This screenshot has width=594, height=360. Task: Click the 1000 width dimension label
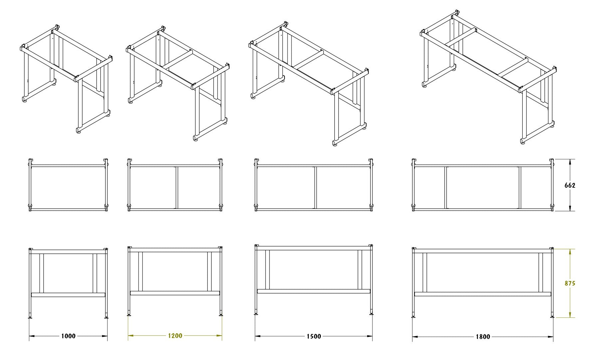coord(68,336)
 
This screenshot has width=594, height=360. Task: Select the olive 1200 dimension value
coord(175,336)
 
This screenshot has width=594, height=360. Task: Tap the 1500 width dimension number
coord(314,336)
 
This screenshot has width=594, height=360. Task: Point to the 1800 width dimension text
coord(483,337)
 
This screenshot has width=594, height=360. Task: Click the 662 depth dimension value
coord(570,185)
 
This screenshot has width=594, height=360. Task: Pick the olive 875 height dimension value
coord(570,283)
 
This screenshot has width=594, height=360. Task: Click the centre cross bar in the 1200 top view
coord(177,188)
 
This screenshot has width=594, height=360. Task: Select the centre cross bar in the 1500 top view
coord(315,188)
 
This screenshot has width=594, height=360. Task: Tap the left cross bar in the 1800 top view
coord(445,188)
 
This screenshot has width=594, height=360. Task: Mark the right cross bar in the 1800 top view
coord(519,188)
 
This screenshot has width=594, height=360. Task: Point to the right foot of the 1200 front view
coord(221,315)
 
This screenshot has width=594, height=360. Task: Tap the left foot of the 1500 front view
coord(256,314)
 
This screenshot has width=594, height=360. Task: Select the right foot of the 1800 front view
coord(552,317)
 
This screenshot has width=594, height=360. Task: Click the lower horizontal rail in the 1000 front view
coord(68,295)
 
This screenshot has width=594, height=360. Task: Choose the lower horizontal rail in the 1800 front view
coord(483,294)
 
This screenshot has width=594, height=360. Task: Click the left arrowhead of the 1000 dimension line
coord(32,336)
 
